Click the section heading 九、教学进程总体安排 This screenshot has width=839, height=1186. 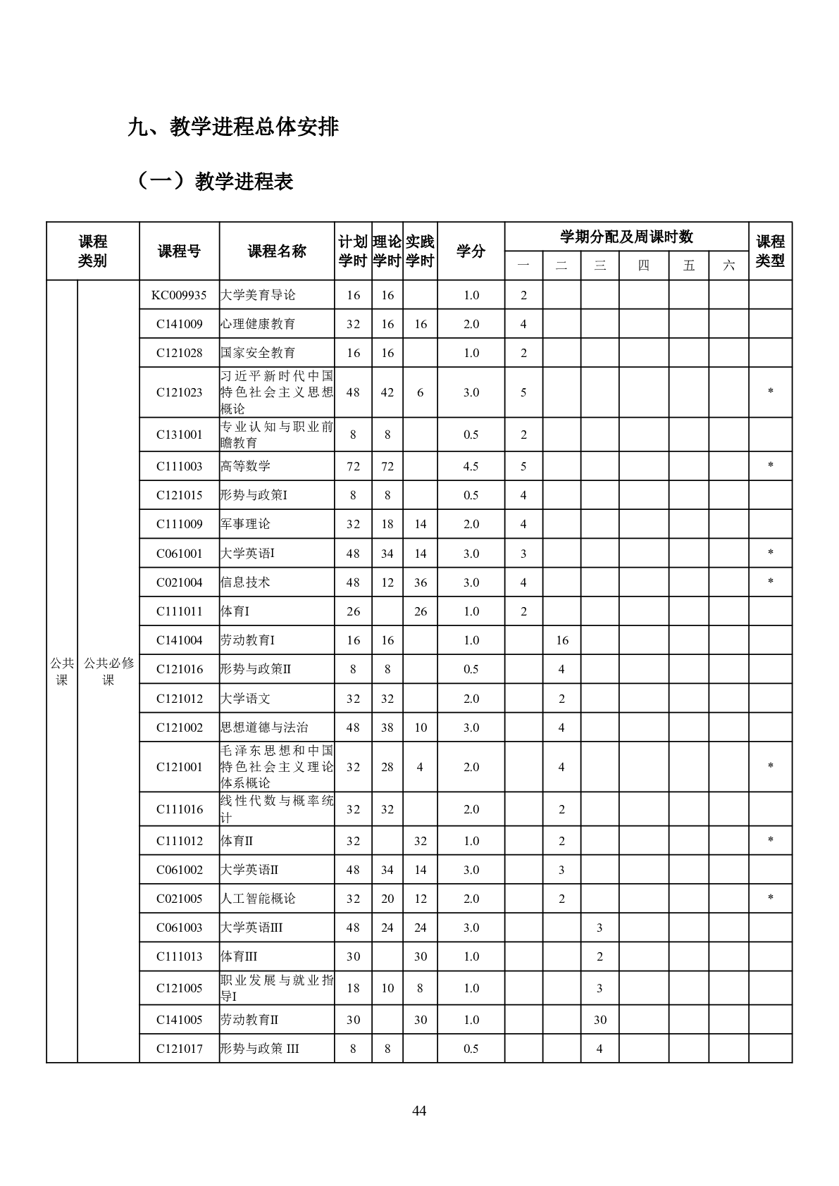(x=233, y=127)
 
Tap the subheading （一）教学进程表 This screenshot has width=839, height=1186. (x=215, y=182)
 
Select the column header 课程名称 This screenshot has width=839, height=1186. (x=277, y=251)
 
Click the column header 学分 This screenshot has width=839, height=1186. (x=471, y=251)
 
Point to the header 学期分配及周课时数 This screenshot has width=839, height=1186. (x=626, y=237)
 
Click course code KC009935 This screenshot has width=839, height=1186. (x=179, y=295)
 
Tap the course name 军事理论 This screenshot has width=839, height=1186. (x=245, y=524)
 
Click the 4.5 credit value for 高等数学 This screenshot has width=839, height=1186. (x=471, y=466)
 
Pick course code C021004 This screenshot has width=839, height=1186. (x=179, y=582)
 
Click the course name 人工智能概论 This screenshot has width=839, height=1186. (x=258, y=899)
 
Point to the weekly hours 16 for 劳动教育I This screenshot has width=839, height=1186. (x=561, y=640)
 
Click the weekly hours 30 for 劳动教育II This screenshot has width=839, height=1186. (x=599, y=1020)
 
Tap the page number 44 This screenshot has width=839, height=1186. (x=419, y=1111)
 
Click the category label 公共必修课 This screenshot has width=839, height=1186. (x=108, y=671)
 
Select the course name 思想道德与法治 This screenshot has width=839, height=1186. (x=264, y=728)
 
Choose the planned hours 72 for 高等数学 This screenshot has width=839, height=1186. (x=353, y=466)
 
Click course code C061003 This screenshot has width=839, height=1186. (x=179, y=928)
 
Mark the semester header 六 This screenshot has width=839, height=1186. (x=728, y=266)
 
